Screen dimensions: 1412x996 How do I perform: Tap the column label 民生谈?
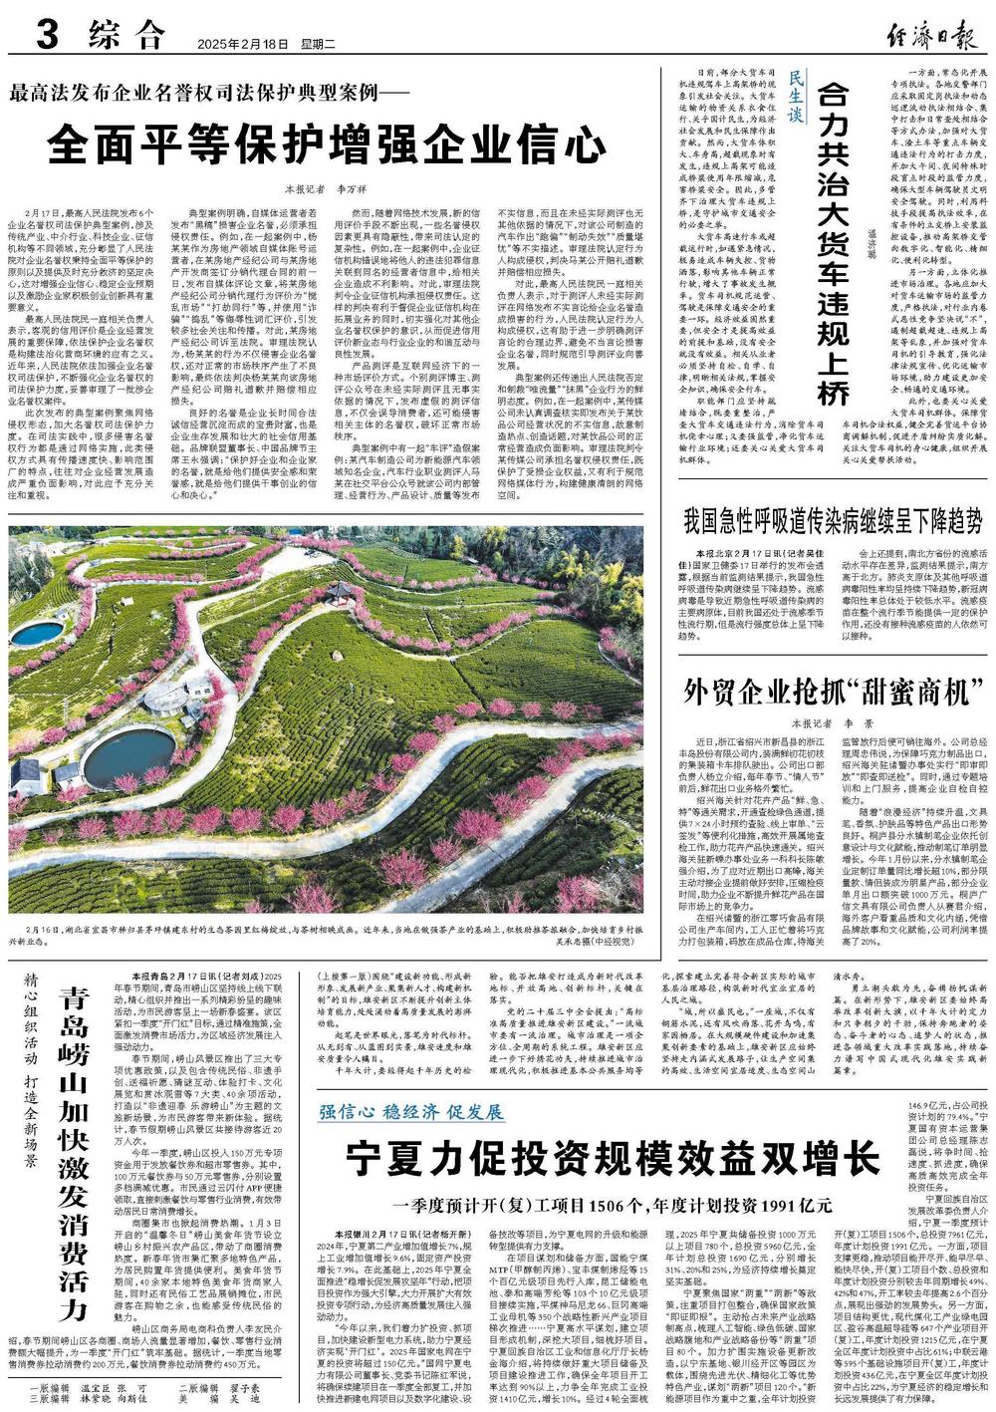click(x=795, y=101)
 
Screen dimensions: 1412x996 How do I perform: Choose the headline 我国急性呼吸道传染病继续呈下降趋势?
click(x=834, y=521)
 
